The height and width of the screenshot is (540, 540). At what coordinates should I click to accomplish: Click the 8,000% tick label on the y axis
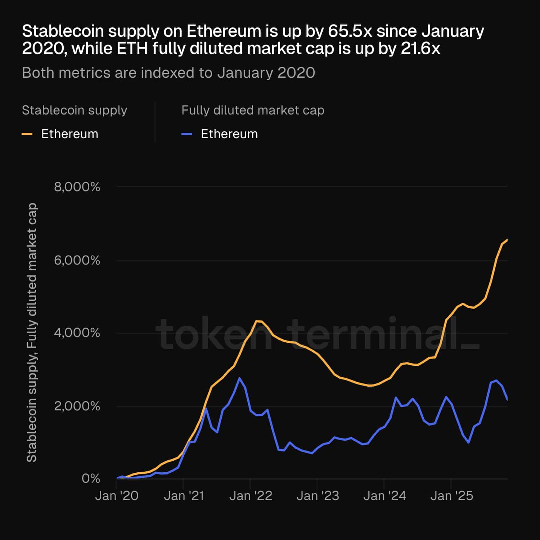click(77, 187)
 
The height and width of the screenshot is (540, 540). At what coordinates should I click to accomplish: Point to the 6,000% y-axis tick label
click(77, 260)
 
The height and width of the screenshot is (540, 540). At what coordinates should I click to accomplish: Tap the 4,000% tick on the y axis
click(77, 333)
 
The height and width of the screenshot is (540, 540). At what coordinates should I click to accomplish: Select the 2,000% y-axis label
click(77, 406)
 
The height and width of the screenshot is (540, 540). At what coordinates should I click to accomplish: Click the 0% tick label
click(91, 478)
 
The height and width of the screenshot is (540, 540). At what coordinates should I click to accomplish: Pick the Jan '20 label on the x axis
click(117, 496)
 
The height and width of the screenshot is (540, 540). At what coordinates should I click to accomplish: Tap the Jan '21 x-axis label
click(184, 496)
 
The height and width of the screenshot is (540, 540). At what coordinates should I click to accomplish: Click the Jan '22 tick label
click(251, 496)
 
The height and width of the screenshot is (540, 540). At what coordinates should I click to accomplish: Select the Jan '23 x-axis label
click(318, 496)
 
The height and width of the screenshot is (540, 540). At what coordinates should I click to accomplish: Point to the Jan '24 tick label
click(384, 496)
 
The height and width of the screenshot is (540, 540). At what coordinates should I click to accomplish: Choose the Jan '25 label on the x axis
click(451, 496)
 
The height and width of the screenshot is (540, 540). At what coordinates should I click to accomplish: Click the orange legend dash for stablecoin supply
click(27, 134)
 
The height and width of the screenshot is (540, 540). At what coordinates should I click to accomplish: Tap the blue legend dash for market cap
click(186, 134)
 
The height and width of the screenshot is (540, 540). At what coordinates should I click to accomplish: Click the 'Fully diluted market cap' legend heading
click(253, 110)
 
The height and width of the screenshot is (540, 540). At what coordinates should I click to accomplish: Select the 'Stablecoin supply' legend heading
click(75, 110)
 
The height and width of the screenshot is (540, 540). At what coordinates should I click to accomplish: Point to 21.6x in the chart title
click(420, 49)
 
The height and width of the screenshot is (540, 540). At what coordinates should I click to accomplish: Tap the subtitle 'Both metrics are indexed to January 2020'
click(168, 73)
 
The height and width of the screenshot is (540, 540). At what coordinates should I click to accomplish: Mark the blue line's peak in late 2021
click(239, 378)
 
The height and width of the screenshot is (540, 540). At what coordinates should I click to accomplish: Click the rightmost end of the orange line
click(507, 239)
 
